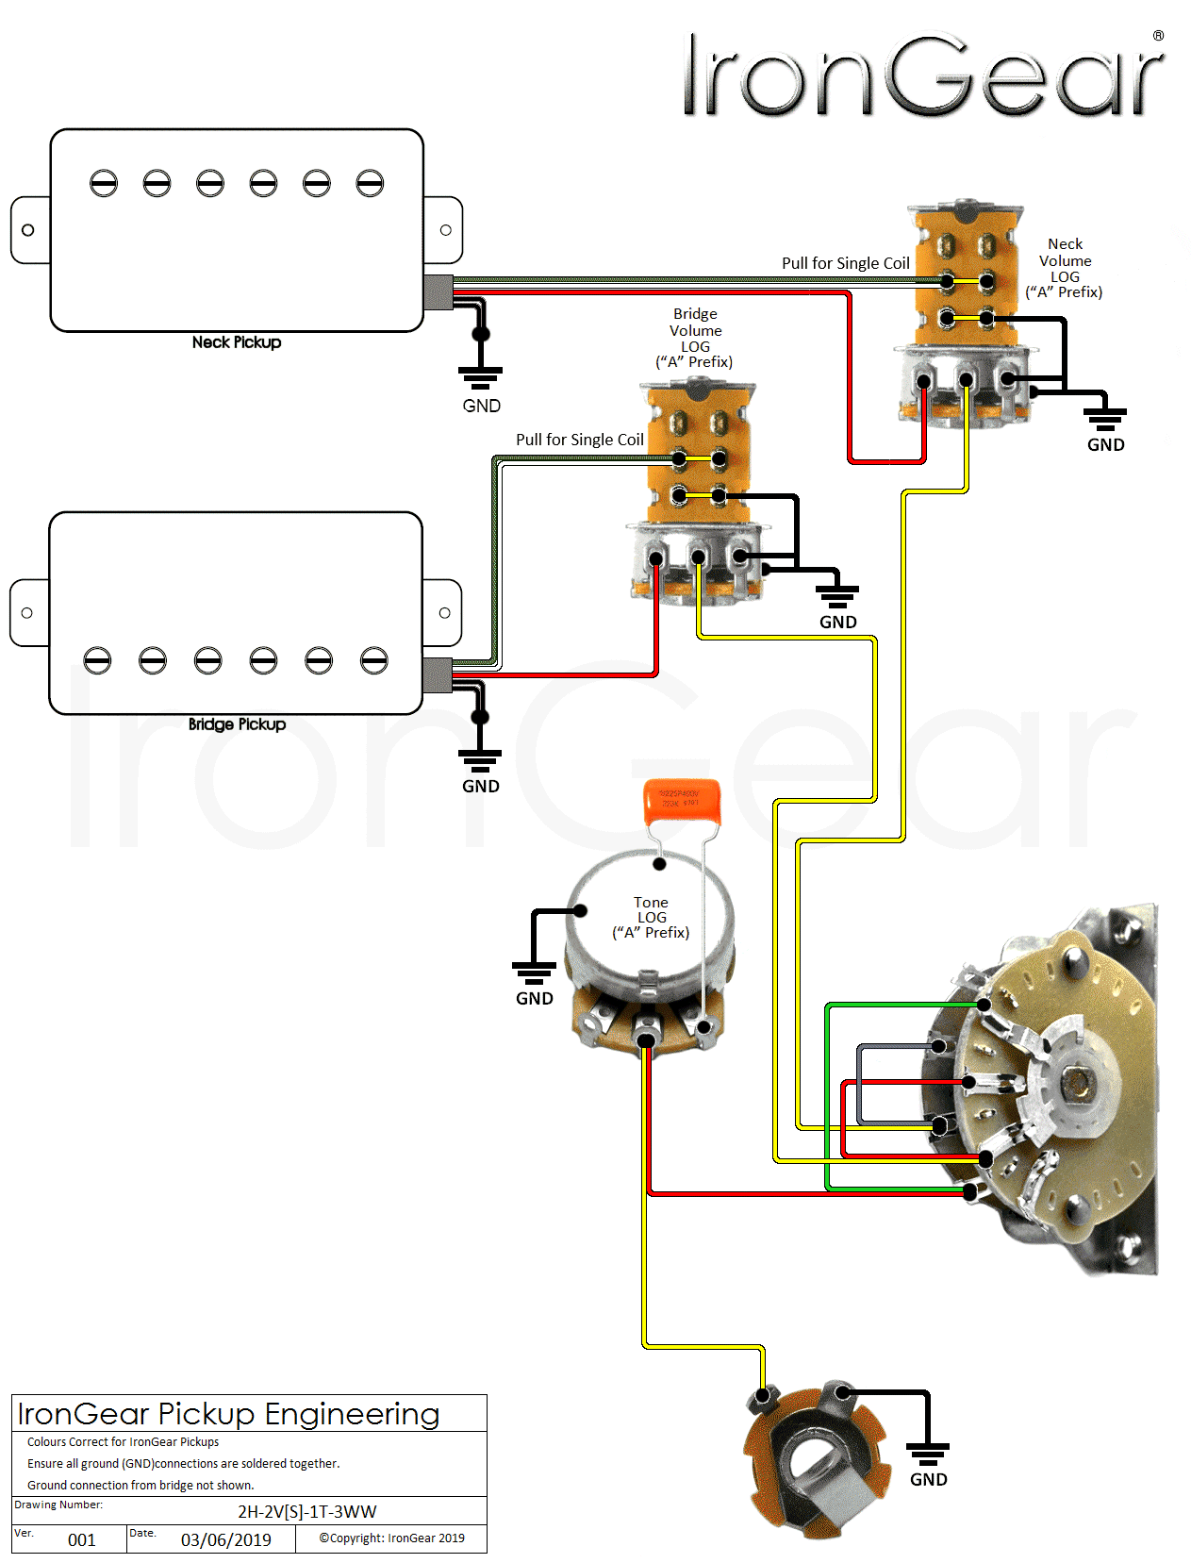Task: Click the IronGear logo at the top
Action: [923, 75]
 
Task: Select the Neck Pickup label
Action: [237, 342]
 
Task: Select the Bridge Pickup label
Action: [237, 724]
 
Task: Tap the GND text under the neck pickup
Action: [481, 406]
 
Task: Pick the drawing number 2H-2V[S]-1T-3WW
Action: [306, 1511]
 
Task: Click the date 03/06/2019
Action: [225, 1539]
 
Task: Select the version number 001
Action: [82, 1539]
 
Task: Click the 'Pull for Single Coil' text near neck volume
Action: [845, 263]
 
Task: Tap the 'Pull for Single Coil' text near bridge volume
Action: [579, 440]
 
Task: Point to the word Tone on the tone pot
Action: [651, 903]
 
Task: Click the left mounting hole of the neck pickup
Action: [28, 230]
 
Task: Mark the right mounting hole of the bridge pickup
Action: [445, 613]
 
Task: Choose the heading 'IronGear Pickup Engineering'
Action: [228, 1414]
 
